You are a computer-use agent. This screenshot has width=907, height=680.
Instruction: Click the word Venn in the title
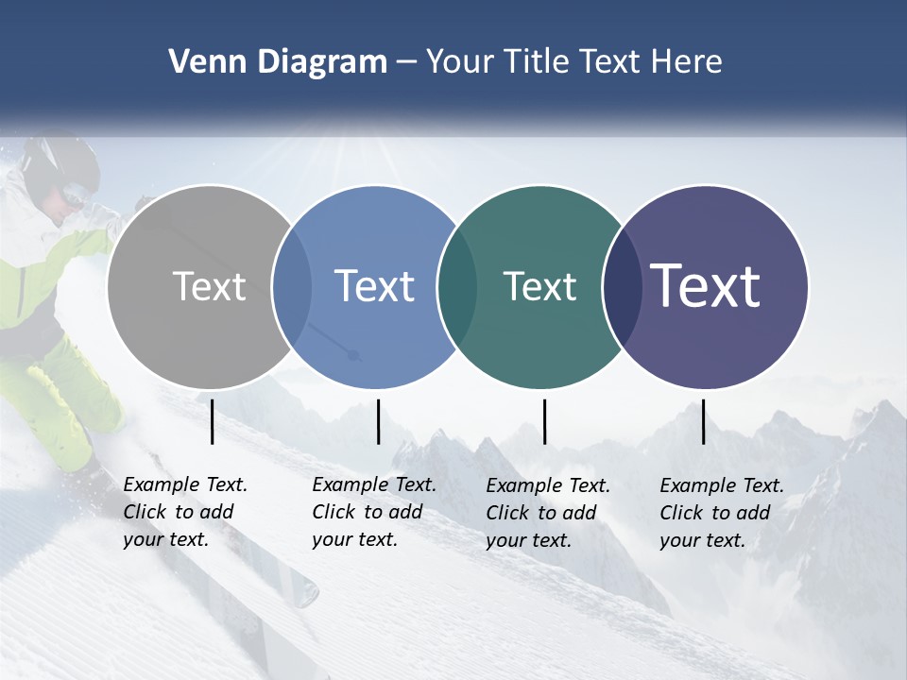(203, 62)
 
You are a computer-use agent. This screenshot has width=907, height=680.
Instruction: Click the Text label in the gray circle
(210, 286)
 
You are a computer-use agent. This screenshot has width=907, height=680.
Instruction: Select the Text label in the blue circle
(374, 286)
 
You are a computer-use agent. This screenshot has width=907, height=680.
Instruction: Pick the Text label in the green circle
(539, 286)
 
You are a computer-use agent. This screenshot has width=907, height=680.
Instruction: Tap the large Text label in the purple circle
(706, 286)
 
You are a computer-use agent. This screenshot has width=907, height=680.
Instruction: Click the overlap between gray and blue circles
(292, 286)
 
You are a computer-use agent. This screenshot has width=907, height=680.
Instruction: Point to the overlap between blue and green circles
(457, 286)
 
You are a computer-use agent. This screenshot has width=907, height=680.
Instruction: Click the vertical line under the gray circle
(213, 421)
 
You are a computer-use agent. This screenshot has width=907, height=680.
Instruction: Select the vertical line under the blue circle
(378, 421)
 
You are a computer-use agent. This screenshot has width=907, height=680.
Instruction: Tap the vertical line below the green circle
(544, 421)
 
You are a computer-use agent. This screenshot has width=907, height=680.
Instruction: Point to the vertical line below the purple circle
(704, 421)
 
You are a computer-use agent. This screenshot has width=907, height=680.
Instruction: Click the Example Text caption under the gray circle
(185, 512)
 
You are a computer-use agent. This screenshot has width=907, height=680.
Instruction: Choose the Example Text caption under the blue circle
(374, 512)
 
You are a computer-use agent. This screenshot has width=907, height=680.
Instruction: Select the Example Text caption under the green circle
(548, 513)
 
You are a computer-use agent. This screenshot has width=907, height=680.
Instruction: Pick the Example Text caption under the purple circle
(722, 513)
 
